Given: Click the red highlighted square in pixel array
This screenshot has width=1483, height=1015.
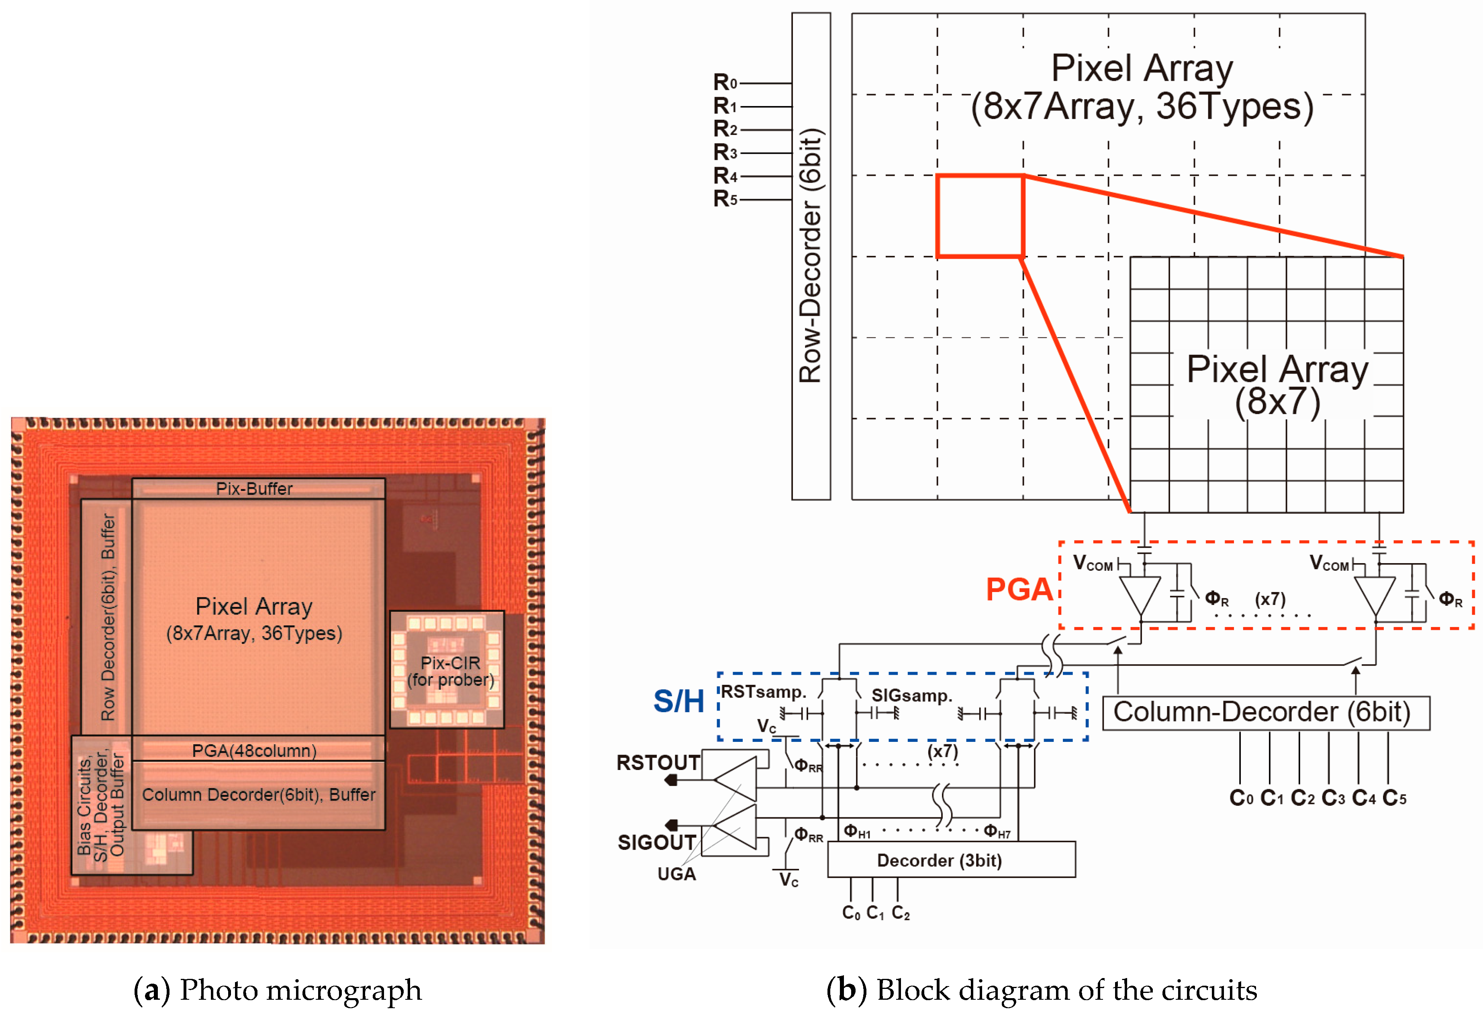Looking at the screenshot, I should click(x=980, y=216).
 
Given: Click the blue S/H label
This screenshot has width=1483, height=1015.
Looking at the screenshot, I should click(x=678, y=701).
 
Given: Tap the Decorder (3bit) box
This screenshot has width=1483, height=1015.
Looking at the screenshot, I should click(x=951, y=860).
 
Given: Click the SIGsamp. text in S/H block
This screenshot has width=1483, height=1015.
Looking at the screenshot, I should click(x=911, y=695).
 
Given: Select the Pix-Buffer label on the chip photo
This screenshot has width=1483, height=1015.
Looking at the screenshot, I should click(x=254, y=489).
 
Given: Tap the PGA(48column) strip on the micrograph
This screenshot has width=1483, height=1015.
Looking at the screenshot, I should click(x=254, y=750).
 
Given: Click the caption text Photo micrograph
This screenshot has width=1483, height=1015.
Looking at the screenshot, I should click(x=300, y=989).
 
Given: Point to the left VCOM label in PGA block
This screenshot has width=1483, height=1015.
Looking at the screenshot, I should click(x=1093, y=563).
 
